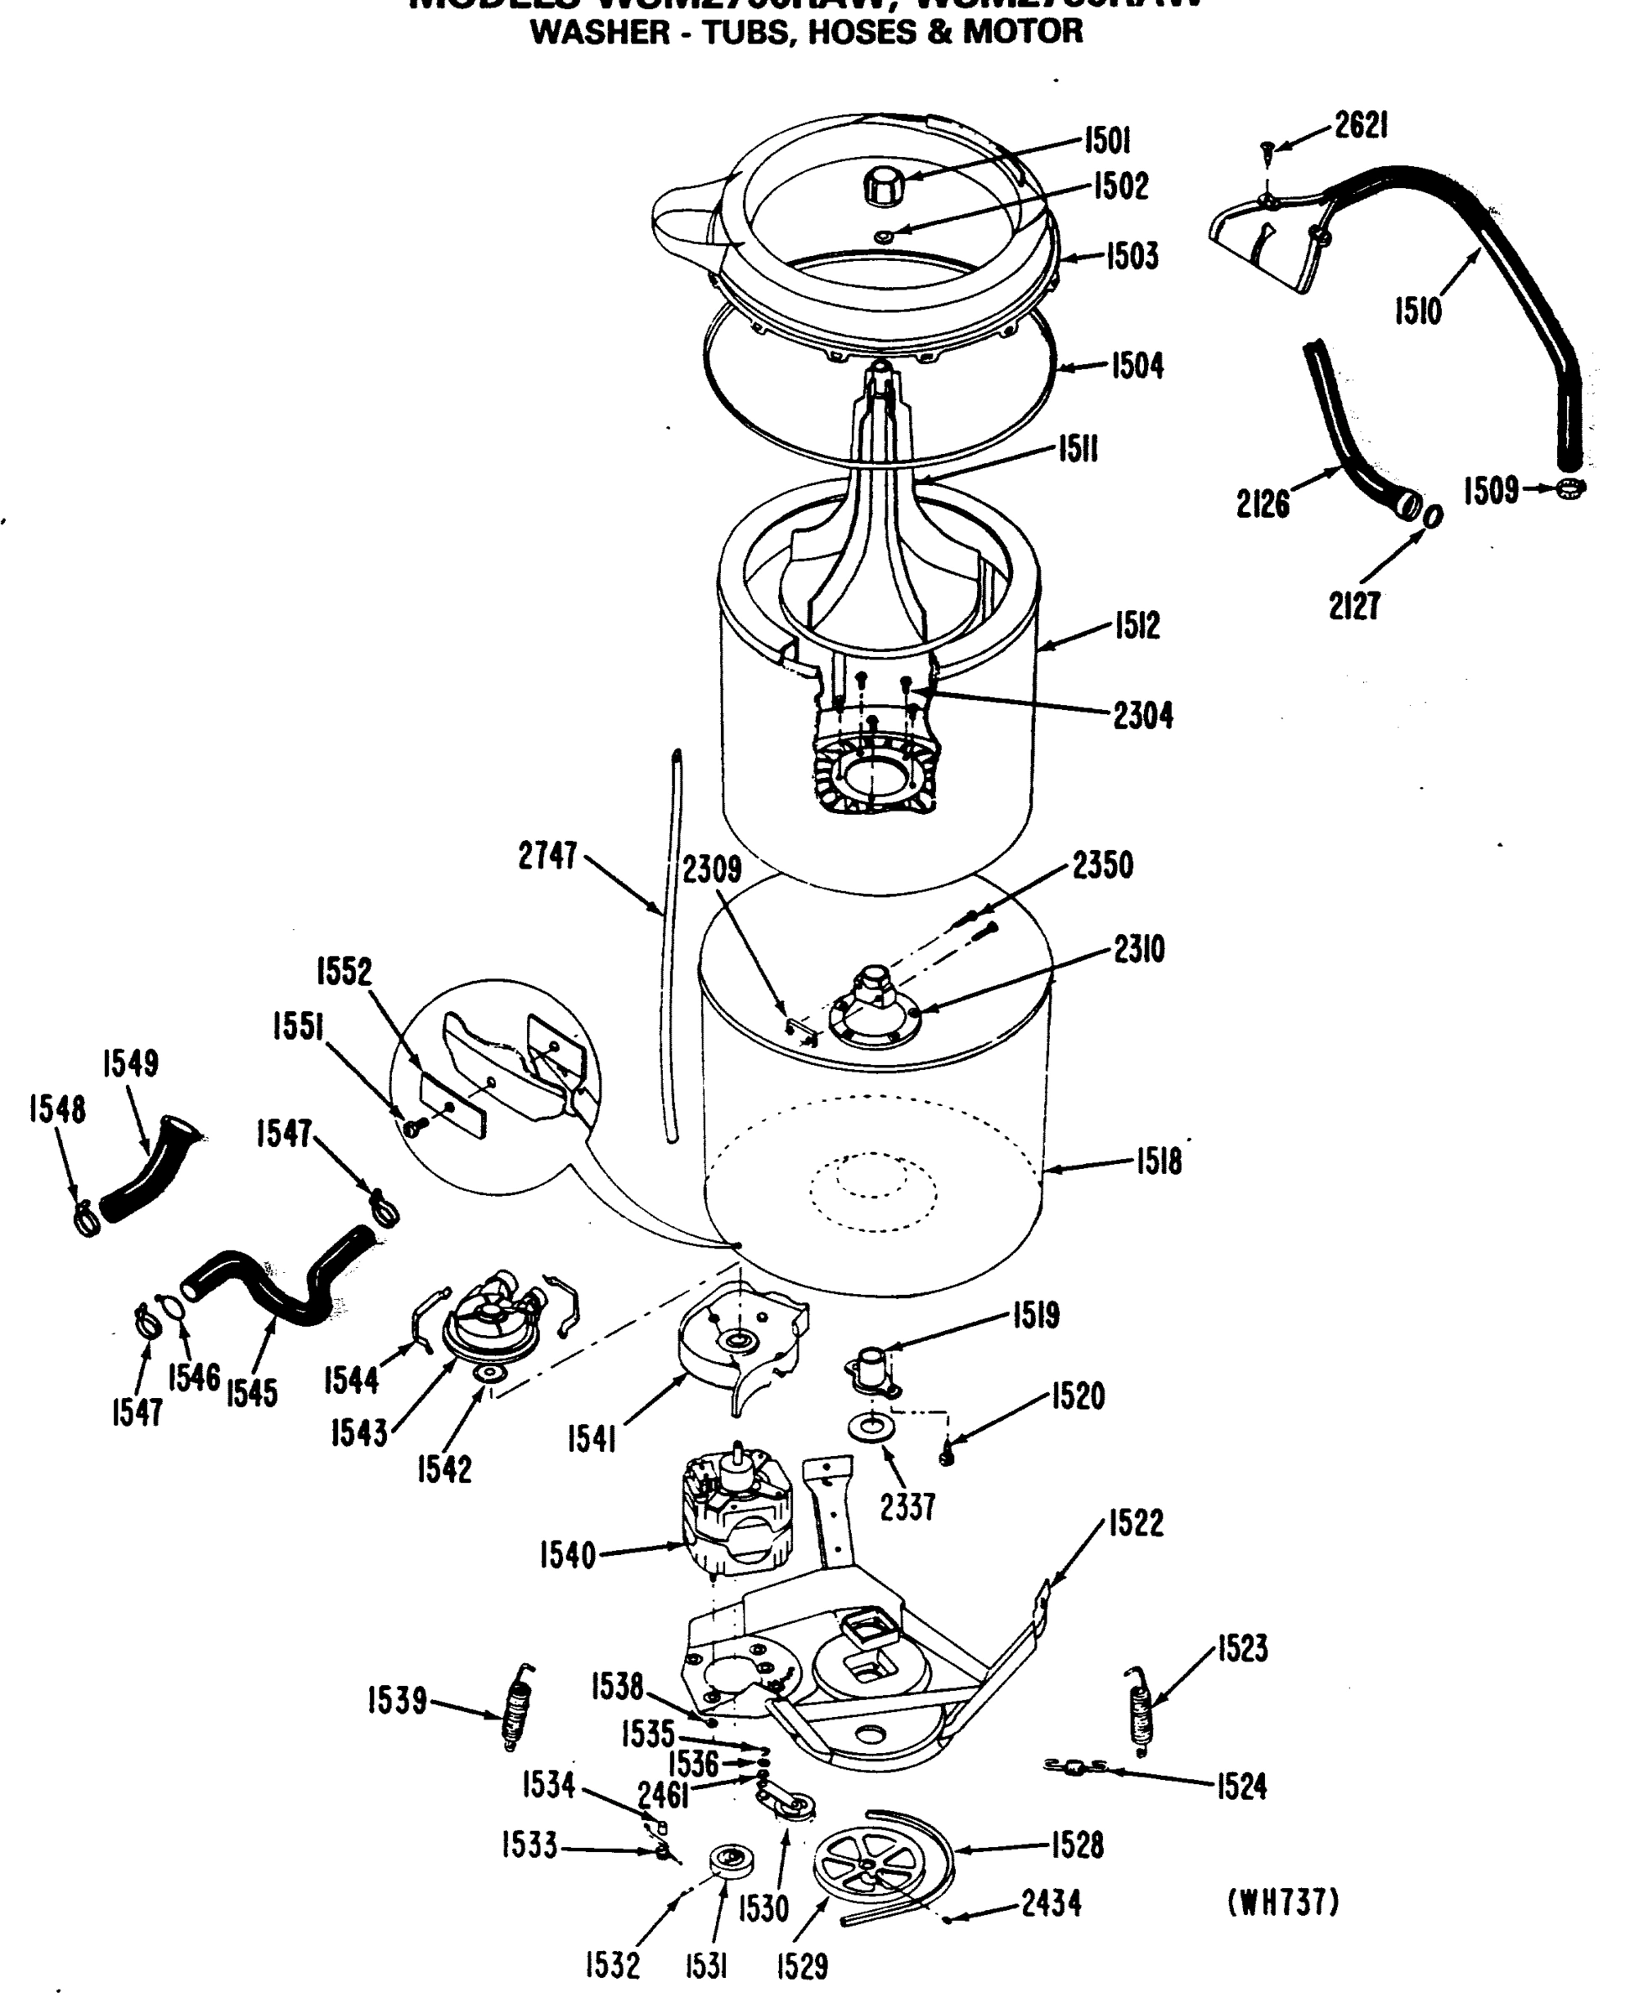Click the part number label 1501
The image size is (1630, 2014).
pos(1107,141)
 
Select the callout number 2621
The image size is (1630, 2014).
pos(1361,125)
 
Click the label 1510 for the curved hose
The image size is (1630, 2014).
pos(1417,310)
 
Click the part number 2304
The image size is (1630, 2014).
pos(1142,716)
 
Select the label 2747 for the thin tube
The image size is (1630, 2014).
pos(547,856)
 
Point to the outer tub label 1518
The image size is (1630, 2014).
pos(1158,1162)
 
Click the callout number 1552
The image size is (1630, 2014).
pos(343,972)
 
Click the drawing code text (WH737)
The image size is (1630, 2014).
pos(1283,1902)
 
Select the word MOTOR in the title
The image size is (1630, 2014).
pos(1022,32)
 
